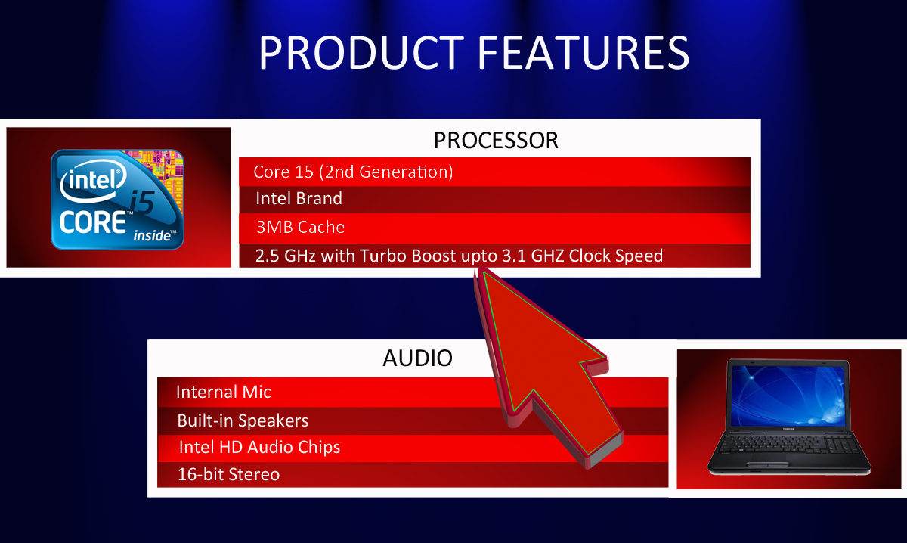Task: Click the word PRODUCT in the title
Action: pos(361,53)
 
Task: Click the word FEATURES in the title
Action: pos(584,53)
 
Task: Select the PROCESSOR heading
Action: pos(496,140)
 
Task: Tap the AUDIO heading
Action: pos(417,358)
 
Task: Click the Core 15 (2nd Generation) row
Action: pos(353,172)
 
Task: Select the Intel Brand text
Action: pos(299,198)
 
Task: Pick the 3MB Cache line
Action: pos(301,227)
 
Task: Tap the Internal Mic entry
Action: pos(224,392)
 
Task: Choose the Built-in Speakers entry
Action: pos(243,420)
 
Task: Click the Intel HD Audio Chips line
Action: pos(259,448)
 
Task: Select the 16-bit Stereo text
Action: pos(229,474)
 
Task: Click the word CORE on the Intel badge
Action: pos(93,222)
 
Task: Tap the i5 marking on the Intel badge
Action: pos(142,202)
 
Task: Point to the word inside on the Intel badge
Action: pos(152,235)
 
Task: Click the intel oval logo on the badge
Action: pos(94,181)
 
